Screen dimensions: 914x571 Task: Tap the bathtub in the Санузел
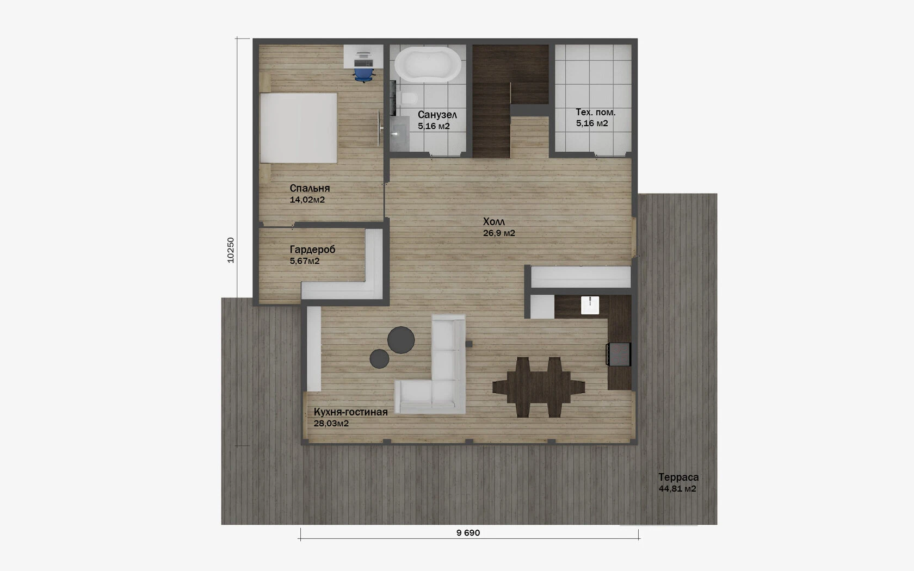click(x=428, y=64)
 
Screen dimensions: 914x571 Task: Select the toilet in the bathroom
click(x=409, y=99)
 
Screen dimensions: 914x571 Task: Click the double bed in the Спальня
click(x=299, y=128)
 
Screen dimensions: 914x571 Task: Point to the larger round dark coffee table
click(x=401, y=340)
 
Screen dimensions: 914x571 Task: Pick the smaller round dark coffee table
click(x=380, y=359)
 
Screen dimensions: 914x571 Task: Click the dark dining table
click(x=539, y=387)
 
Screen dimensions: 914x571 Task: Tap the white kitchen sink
click(x=590, y=305)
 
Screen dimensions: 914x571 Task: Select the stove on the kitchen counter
click(x=619, y=354)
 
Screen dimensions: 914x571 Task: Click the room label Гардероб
click(x=312, y=249)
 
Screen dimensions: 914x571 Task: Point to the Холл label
click(x=494, y=221)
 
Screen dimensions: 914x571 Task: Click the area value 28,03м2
click(x=331, y=423)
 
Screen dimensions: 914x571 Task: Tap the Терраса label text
click(x=678, y=477)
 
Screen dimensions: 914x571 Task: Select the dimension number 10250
click(x=231, y=250)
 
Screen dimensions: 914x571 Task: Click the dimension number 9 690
click(x=468, y=533)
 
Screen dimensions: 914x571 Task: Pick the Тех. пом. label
click(x=596, y=112)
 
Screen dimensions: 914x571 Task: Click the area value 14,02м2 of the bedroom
click(x=307, y=200)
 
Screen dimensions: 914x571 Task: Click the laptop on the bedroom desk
click(x=363, y=60)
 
